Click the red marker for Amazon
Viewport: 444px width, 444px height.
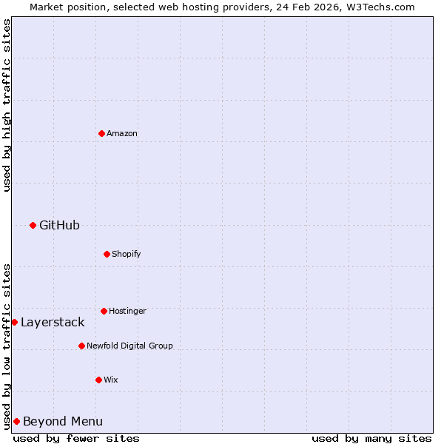[101, 133]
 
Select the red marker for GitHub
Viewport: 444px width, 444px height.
[33, 225]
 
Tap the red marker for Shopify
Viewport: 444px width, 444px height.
[107, 254]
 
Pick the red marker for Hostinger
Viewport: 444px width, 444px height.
[104, 311]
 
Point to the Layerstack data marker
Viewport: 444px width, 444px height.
[14, 322]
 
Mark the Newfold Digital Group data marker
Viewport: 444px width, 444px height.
[81, 346]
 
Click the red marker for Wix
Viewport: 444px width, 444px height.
[98, 380]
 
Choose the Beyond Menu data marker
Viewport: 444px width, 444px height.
[16, 421]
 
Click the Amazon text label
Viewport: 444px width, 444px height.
[122, 133]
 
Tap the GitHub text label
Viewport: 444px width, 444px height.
[59, 225]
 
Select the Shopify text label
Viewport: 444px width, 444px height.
[127, 254]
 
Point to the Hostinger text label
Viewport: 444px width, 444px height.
[127, 311]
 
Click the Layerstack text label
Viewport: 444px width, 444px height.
[53, 322]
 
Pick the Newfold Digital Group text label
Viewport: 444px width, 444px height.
[129, 346]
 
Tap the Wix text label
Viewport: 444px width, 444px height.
[111, 380]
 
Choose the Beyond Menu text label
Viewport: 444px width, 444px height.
[63, 421]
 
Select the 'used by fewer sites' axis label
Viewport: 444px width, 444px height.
[76, 438]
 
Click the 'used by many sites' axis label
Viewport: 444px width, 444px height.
[371, 438]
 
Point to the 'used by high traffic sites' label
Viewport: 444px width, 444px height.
[7, 105]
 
